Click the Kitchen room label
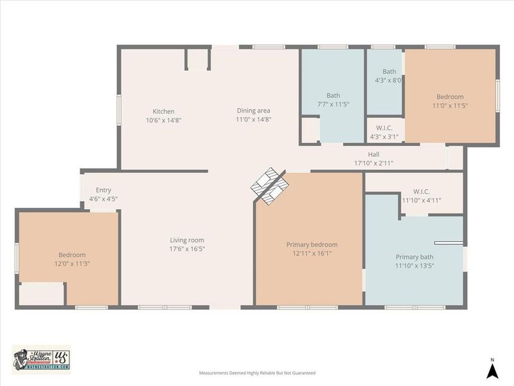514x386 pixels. (x=163, y=111)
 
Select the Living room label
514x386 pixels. (x=187, y=241)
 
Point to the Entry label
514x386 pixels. (x=103, y=190)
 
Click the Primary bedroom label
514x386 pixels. (x=312, y=244)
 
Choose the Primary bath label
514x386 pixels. (x=414, y=257)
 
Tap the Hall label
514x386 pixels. (x=373, y=154)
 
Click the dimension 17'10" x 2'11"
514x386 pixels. (x=373, y=163)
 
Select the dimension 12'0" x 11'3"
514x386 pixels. (x=72, y=264)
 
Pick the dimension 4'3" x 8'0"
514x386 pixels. (x=388, y=80)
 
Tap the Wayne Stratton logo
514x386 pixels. (x=41, y=358)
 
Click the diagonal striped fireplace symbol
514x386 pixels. (x=268, y=185)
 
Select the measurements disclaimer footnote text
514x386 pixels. (x=257, y=372)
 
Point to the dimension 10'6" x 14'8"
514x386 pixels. (x=163, y=120)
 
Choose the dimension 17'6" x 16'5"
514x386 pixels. (x=187, y=249)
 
